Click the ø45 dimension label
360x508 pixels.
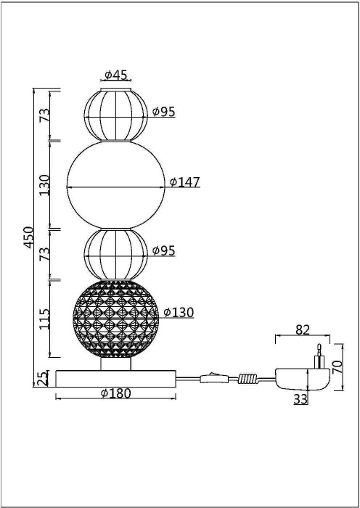(116, 75)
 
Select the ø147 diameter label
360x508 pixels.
(185, 182)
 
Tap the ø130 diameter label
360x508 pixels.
(179, 313)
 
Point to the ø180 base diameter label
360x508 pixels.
(116, 393)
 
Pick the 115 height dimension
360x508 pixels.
(44, 319)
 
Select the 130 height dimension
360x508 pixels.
(44, 184)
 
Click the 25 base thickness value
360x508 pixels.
(43, 378)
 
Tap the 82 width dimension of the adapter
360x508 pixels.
(303, 329)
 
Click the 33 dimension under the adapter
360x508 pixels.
(300, 398)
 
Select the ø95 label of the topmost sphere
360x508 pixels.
(163, 112)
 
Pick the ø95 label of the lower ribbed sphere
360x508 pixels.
(163, 250)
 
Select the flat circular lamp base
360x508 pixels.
(116, 377)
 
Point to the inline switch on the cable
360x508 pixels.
(211, 376)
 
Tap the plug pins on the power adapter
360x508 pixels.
(318, 358)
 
